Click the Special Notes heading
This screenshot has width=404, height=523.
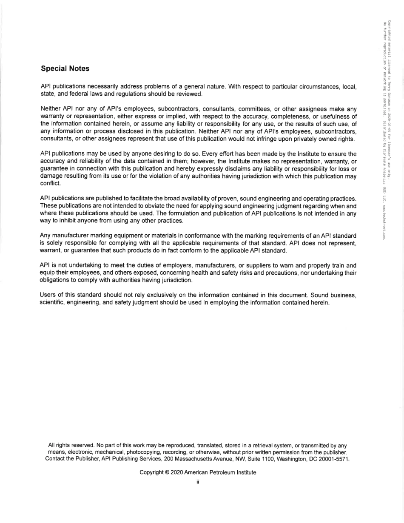[65, 68]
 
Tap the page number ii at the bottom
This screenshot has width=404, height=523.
[198, 482]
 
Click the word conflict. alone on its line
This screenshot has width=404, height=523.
[51, 183]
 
